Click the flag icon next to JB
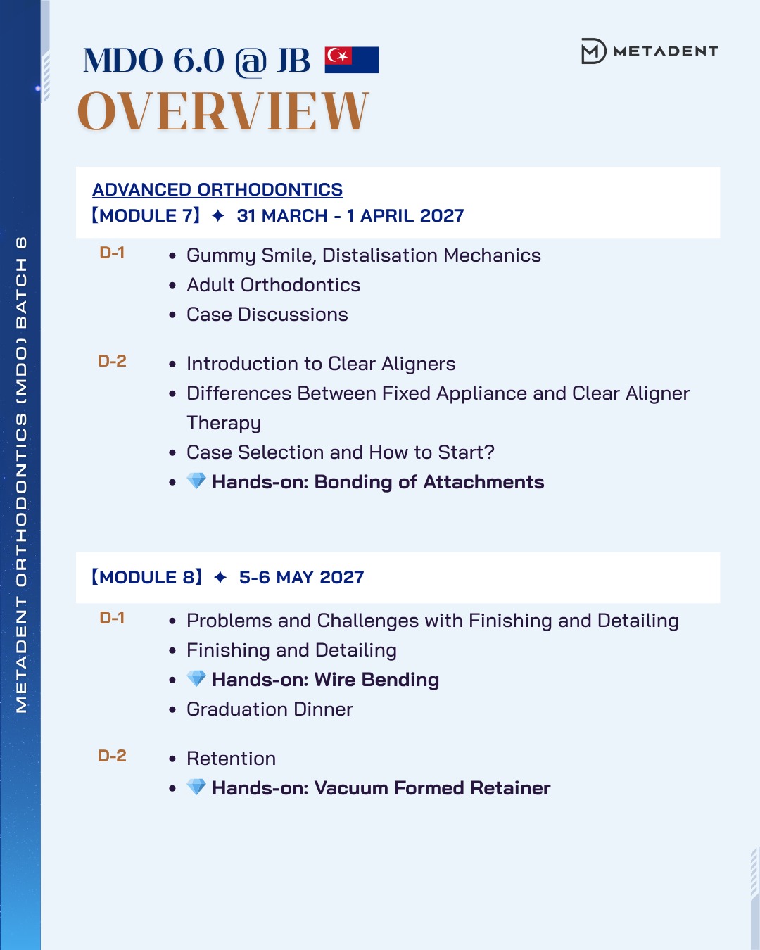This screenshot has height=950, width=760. pyautogui.click(x=352, y=60)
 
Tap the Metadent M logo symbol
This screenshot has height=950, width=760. pyautogui.click(x=593, y=51)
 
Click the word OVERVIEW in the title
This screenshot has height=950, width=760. pyautogui.click(x=223, y=111)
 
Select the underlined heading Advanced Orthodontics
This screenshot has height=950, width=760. pyautogui.click(x=217, y=189)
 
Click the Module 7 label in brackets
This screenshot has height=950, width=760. pyautogui.click(x=146, y=215)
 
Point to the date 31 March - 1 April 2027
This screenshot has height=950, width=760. pyautogui.click(x=350, y=215)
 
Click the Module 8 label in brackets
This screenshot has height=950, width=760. pyautogui.click(x=147, y=577)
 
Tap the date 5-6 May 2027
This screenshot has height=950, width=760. pyautogui.click(x=302, y=577)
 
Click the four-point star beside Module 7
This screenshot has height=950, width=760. pyautogui.click(x=218, y=215)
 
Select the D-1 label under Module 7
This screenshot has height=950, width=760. pyautogui.click(x=112, y=253)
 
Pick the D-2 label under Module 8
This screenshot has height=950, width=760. pyautogui.click(x=112, y=756)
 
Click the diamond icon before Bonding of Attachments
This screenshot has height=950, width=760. pyautogui.click(x=196, y=481)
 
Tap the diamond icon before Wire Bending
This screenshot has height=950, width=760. pyautogui.click(x=196, y=679)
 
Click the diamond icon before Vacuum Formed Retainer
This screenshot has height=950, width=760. pyautogui.click(x=196, y=787)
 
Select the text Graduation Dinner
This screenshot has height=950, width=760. pyautogui.click(x=270, y=709)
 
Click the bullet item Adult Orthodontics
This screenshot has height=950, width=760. pyautogui.click(x=273, y=285)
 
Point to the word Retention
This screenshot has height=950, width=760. pyautogui.click(x=231, y=759)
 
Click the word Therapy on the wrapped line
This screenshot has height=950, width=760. pyautogui.click(x=224, y=423)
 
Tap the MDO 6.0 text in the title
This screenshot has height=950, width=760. pyautogui.click(x=153, y=61)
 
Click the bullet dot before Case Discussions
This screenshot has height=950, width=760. pyautogui.click(x=172, y=315)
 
